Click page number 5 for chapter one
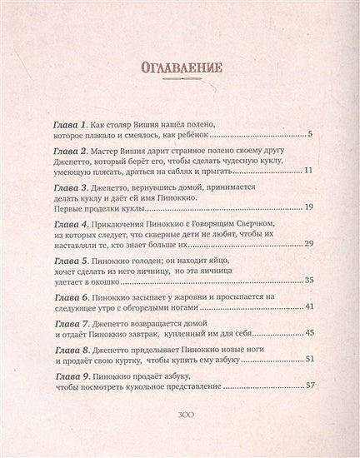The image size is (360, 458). tap(309, 133)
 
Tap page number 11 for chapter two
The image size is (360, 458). tap(307, 170)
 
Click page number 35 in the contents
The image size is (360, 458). tap(306, 281)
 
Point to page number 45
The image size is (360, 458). tap(306, 333)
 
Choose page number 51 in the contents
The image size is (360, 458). tap(306, 359)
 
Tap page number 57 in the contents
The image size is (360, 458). tap(306, 386)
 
